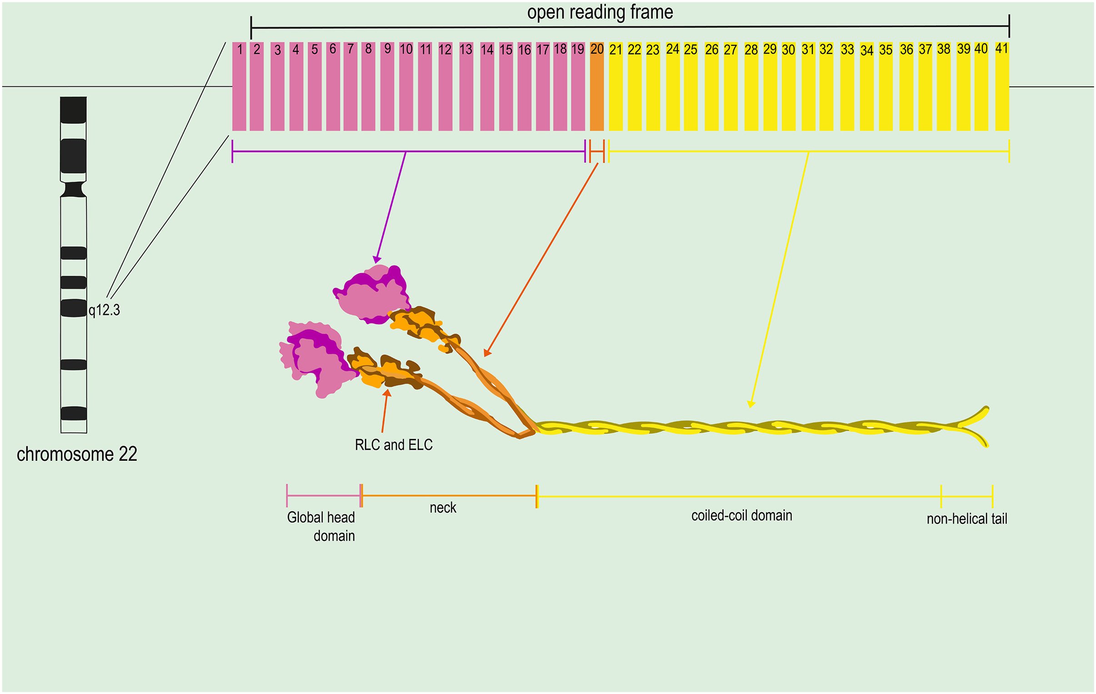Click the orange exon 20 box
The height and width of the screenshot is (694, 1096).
click(597, 86)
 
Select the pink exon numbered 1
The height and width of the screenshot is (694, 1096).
click(239, 86)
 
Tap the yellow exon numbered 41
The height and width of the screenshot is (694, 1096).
click(1002, 86)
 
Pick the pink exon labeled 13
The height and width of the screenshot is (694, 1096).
click(466, 86)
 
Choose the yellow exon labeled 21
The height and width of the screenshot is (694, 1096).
click(616, 86)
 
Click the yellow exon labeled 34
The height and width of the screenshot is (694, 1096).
click(866, 86)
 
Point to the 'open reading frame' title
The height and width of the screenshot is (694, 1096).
click(600, 12)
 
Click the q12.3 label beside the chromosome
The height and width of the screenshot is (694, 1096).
click(104, 310)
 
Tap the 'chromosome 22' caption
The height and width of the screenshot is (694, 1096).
click(77, 454)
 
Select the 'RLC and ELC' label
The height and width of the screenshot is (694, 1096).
click(394, 444)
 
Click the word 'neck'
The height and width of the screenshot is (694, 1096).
click(443, 507)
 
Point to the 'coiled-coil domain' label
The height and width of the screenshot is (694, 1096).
click(742, 515)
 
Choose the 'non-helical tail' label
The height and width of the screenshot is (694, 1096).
click(967, 518)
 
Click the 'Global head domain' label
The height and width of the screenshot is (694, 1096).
click(321, 526)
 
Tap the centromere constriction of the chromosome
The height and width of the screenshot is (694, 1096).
click(74, 190)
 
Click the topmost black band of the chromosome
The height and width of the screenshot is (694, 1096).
click(73, 110)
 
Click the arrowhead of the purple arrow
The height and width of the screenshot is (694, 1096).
click(376, 260)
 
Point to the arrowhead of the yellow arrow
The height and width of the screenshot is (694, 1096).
click(751, 404)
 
